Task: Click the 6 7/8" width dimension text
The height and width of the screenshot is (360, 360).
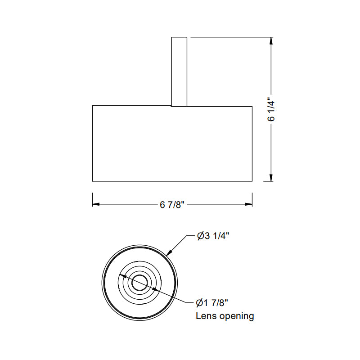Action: (172, 205)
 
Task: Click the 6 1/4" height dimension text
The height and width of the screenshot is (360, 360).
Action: (271, 109)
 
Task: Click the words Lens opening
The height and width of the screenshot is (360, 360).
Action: (225, 316)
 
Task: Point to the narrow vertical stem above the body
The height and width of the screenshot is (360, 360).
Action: (179, 72)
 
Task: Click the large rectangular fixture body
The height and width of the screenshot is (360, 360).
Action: (172, 144)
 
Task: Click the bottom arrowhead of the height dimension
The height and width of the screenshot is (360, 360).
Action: (271, 178)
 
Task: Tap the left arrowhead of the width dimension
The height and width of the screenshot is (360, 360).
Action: (95, 204)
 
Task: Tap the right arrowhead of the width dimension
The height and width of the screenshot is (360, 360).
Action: (249, 204)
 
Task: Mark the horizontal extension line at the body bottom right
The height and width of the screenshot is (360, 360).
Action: (265, 181)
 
